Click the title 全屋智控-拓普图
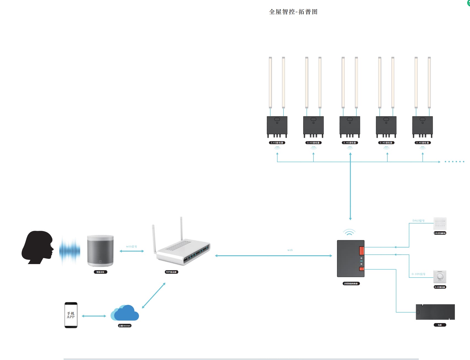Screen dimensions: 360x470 tap(293, 12)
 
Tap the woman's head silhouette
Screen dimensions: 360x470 tap(37, 247)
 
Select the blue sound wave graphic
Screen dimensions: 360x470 tap(70, 250)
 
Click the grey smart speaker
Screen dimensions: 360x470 tap(100, 251)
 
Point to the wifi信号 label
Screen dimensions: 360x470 tap(131, 246)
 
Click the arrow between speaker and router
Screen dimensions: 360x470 tap(132, 251)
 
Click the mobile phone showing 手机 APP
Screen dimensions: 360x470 tap(71, 315)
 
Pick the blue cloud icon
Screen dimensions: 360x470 tap(125, 313)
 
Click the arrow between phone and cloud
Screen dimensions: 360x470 tap(94, 316)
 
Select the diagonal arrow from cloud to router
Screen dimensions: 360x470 tap(153, 295)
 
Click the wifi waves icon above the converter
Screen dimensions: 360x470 tap(349, 232)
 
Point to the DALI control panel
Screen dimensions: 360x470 tap(440, 224)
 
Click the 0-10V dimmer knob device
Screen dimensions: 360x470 tap(440, 277)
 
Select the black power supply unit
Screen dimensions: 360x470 tap(435, 312)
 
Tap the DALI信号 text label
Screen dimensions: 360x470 tap(418, 221)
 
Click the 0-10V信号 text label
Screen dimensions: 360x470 tap(418, 274)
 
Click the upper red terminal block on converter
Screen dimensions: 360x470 tap(361, 251)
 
